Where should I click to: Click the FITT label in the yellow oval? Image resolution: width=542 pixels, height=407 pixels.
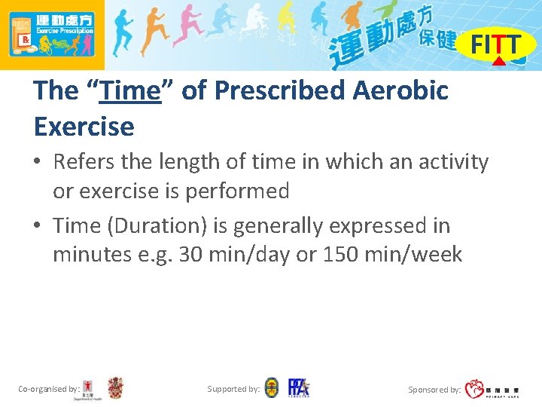pos(495,45)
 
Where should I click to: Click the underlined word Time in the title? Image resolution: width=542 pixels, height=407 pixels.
pos(130,90)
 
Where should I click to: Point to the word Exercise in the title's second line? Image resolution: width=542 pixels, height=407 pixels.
pos(84,126)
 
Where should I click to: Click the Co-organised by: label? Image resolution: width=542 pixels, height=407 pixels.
pos(48,389)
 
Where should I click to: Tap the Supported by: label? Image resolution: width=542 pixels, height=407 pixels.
pos(233,389)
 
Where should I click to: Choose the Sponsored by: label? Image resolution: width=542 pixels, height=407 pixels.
pos(434,390)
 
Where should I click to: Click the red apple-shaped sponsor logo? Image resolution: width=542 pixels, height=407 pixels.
pos(474,389)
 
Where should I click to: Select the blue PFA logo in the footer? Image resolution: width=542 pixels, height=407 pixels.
pos(297,388)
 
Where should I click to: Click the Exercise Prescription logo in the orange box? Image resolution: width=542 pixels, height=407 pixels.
pos(52,35)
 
